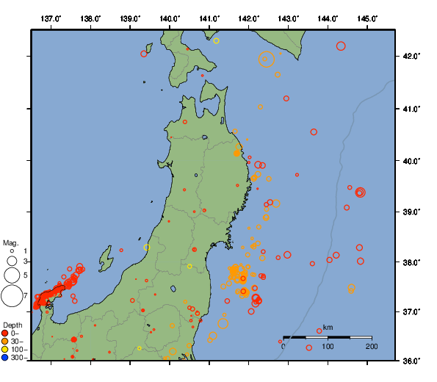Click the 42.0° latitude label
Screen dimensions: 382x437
(408, 56)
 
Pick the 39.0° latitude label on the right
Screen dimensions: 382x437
(408, 212)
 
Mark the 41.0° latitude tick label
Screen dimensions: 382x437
(408, 109)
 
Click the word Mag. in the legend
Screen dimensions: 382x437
(10, 242)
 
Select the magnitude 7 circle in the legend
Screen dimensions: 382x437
(12, 296)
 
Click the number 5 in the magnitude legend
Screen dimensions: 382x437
(25, 275)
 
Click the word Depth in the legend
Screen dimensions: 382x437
(12, 325)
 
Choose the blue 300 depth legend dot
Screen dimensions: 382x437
(5, 358)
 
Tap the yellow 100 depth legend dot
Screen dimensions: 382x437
(5, 350)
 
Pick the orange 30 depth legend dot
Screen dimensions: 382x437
(5, 342)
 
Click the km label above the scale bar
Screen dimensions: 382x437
(328, 327)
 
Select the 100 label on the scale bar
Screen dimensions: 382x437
(328, 346)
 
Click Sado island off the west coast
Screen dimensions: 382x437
(106, 259)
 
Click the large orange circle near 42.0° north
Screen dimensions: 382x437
(267, 60)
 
